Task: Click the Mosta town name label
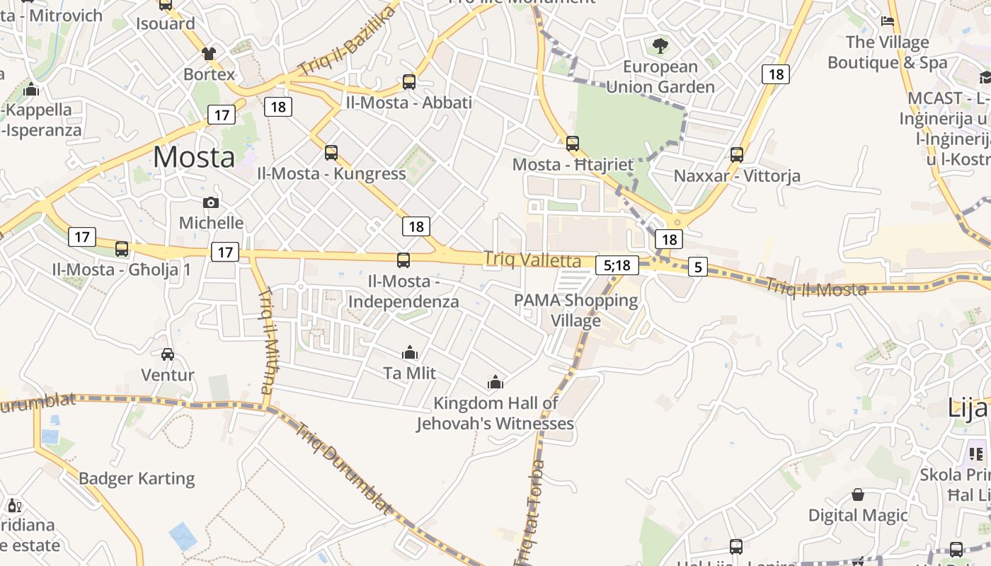(x=193, y=156)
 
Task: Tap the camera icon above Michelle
(x=210, y=203)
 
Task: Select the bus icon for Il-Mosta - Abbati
(x=409, y=82)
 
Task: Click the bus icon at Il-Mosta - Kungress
(x=331, y=153)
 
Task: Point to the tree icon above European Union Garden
(x=660, y=47)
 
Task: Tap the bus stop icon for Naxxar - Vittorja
(x=737, y=155)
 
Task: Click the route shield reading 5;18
(x=617, y=265)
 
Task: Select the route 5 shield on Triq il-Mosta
(x=698, y=267)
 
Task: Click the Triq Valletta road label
(x=532, y=260)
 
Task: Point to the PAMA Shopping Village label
(x=575, y=310)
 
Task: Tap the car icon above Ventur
(x=168, y=354)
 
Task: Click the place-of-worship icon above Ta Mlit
(x=410, y=352)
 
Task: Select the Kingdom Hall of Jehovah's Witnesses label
(x=495, y=413)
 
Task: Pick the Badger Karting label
(x=137, y=478)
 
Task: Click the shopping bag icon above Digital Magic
(x=858, y=495)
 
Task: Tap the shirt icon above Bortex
(x=209, y=54)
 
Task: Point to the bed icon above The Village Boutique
(x=888, y=21)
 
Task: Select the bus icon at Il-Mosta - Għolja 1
(x=122, y=249)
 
